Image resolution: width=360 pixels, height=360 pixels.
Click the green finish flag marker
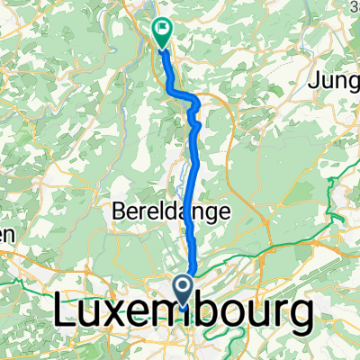tap(162, 31)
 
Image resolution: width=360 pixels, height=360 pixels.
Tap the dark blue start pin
tap(184, 290)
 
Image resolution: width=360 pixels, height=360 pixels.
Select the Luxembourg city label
tap(184, 315)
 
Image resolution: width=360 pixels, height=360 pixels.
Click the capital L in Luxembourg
tap(67, 315)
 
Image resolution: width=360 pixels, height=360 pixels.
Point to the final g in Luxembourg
tap(301, 320)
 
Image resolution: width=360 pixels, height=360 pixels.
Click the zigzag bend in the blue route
tap(192, 106)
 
